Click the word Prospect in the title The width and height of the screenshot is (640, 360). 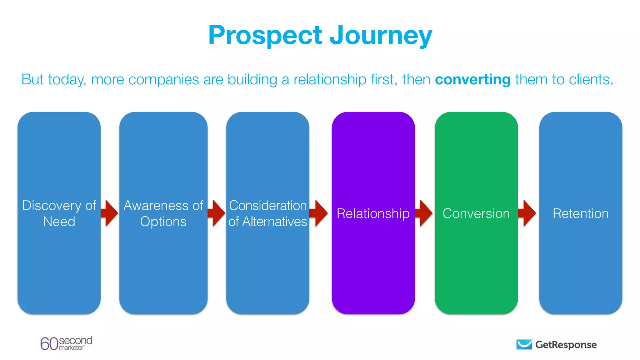(x=265, y=36)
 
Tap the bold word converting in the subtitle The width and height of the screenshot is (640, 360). (x=472, y=79)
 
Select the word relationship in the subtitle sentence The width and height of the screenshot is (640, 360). (x=330, y=79)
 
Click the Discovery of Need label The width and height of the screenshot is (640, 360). (x=59, y=213)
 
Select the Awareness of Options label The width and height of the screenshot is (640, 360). (x=163, y=213)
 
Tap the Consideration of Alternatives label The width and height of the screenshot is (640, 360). (x=268, y=213)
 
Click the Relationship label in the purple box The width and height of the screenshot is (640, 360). (x=373, y=213)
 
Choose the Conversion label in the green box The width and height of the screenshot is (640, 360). (x=476, y=213)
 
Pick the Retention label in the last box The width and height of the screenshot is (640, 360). (x=581, y=213)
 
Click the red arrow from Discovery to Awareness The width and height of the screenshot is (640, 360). (x=110, y=213)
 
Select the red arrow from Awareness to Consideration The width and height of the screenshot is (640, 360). (x=217, y=213)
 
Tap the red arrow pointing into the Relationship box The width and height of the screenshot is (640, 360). (x=319, y=213)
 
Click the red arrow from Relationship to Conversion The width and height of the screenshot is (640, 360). (x=424, y=213)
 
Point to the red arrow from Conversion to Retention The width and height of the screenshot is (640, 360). (x=527, y=213)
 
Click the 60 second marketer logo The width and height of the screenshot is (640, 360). (x=66, y=343)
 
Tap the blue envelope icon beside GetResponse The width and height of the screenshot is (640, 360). (x=524, y=344)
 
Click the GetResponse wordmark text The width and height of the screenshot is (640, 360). (x=566, y=345)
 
